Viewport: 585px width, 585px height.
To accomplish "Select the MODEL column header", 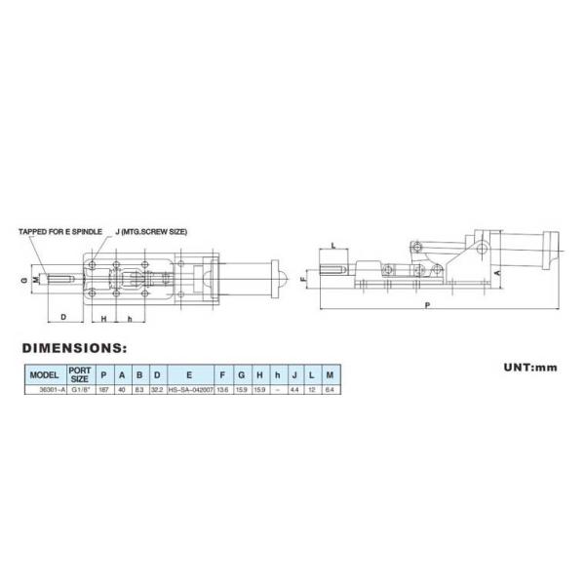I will coord(45,373).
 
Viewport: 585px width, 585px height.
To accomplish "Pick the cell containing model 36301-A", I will coord(45,389).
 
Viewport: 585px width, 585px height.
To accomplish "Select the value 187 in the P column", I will coord(104,389).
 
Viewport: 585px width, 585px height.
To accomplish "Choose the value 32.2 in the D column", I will coord(156,389).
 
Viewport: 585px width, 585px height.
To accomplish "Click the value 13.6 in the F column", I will coord(225,389).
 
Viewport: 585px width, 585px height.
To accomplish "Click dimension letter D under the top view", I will coord(62,317).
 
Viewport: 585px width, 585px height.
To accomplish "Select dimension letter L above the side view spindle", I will coord(334,246).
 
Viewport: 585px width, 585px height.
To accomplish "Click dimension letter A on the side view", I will coord(498,275).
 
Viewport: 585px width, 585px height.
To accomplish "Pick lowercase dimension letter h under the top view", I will coord(129,318).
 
